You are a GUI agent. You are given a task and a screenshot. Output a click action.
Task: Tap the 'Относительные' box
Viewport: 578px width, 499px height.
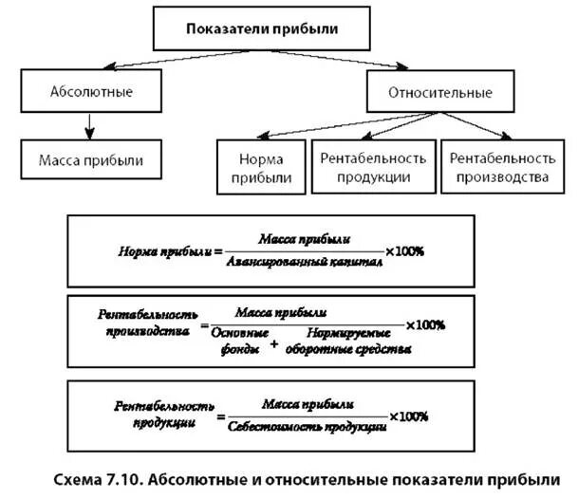[440, 93]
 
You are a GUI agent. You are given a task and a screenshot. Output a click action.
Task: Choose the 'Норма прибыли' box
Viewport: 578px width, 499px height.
[260, 167]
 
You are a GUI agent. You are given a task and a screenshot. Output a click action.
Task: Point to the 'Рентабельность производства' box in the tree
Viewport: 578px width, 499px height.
[500, 167]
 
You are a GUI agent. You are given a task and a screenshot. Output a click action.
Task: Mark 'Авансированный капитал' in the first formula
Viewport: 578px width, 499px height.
[306, 263]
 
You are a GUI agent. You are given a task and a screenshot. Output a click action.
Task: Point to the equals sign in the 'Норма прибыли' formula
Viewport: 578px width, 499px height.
[217, 252]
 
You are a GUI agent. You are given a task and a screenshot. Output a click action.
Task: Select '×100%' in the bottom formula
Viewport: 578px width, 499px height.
[407, 416]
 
